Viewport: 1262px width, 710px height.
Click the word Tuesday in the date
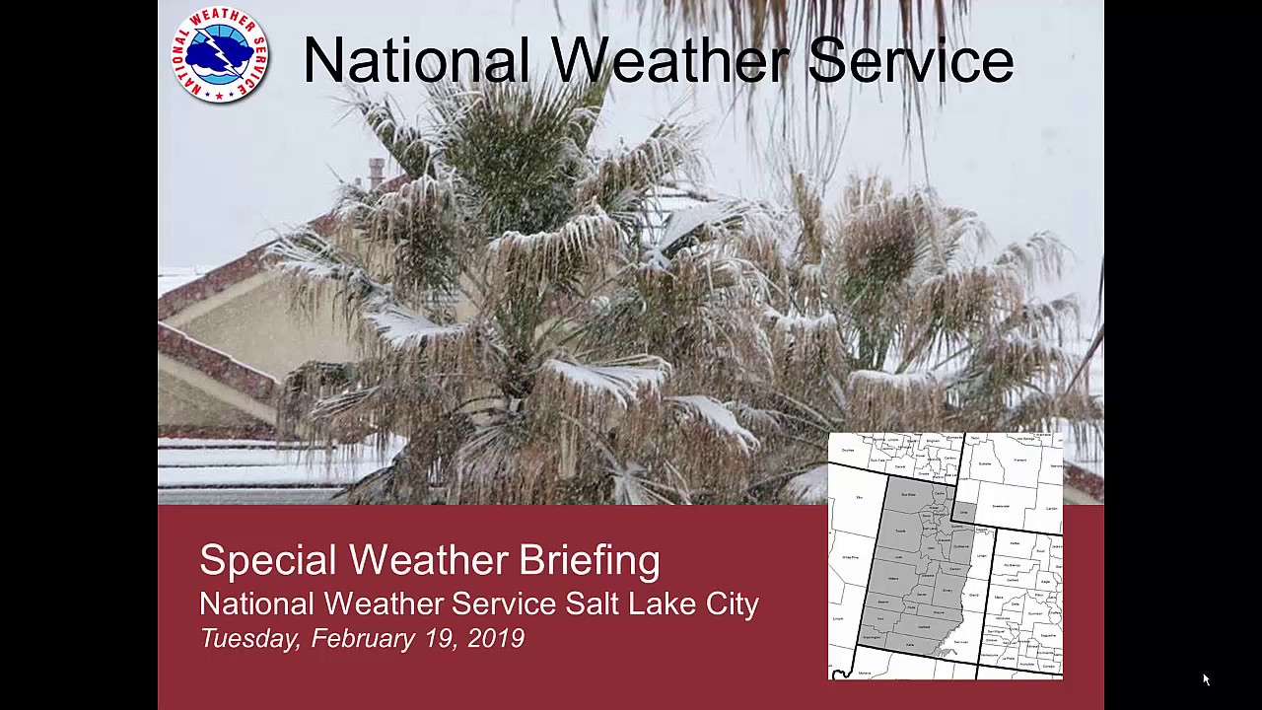pos(249,639)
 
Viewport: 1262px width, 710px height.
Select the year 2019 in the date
pos(496,638)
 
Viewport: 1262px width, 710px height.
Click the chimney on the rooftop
pos(376,172)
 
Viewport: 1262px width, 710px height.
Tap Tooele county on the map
pos(901,530)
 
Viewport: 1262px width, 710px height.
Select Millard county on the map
pos(894,579)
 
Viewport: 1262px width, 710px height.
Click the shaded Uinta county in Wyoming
pos(965,512)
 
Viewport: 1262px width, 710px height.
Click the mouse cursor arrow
pos(1206,679)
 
